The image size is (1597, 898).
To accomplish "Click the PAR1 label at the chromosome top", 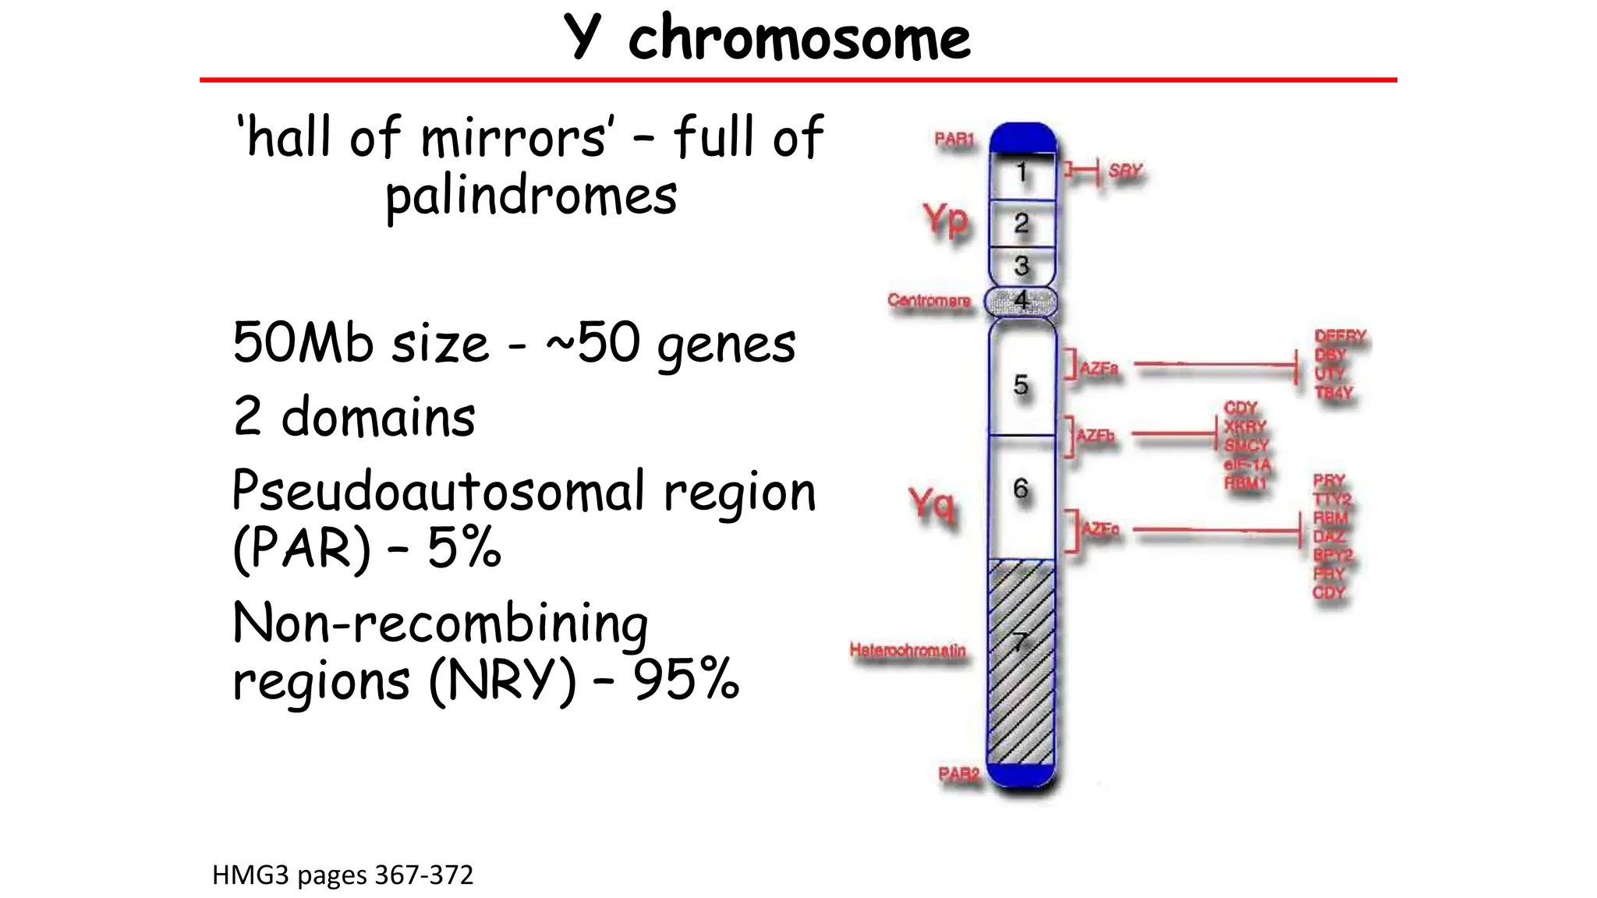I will click(x=954, y=140).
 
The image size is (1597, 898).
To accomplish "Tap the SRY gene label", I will click(x=1124, y=171).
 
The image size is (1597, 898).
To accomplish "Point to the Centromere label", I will click(x=929, y=300).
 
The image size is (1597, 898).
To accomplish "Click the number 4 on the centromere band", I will click(x=1021, y=299).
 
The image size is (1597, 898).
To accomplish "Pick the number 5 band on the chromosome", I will click(x=1021, y=384).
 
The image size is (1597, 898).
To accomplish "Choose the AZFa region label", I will click(x=1099, y=368).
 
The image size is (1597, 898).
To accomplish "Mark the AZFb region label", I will click(x=1095, y=435).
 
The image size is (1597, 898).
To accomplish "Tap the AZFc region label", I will click(x=1100, y=529).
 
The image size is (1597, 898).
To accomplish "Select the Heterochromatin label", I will click(x=908, y=649).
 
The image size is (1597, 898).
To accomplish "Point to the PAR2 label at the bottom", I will click(x=958, y=773).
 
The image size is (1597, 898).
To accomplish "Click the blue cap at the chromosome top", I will click(x=1022, y=138).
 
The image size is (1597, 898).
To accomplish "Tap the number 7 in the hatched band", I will click(x=1020, y=642).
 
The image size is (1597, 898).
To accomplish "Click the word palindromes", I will click(x=531, y=196).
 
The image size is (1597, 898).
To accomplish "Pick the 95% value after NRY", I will click(x=685, y=679).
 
